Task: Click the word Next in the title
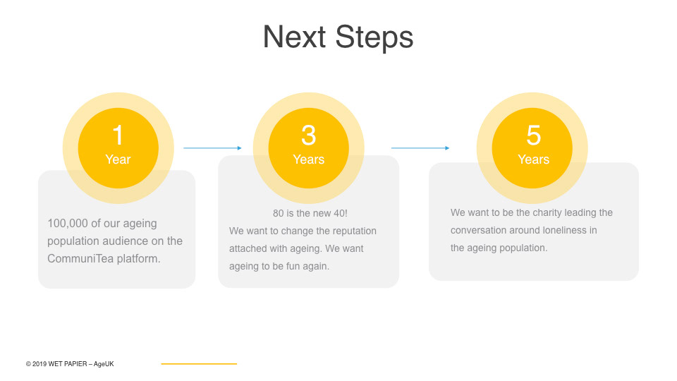pos(294,37)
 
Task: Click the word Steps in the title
pos(374,38)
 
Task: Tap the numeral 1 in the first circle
pos(118,135)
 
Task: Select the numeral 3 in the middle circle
pos(309,135)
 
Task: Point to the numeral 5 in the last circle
pos(534,135)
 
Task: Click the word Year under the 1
pos(118,159)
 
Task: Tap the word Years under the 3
pos(309,159)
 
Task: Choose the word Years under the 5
pos(534,159)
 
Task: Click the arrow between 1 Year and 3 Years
pos(212,148)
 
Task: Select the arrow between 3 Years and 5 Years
pos(420,148)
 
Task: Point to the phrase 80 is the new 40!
pos(310,213)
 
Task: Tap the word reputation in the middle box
pos(354,231)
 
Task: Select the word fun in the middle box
pos(293,266)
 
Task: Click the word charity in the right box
pos(547,213)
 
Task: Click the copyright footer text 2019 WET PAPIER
pos(59,364)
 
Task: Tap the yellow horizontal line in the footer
pos(199,364)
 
